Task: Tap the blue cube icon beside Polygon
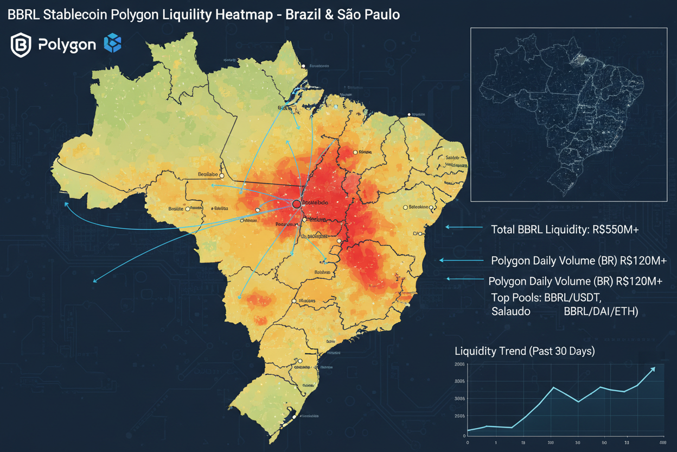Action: [x=113, y=43]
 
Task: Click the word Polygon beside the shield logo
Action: [x=67, y=45]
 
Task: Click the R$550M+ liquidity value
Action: [x=615, y=230]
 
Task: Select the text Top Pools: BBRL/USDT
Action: [x=546, y=298]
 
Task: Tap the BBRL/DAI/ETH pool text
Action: [x=601, y=311]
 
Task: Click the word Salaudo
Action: [x=511, y=311]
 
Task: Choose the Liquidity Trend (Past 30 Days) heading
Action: [x=525, y=351]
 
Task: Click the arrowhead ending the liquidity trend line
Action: [x=653, y=369]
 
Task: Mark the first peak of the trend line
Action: [x=553, y=387]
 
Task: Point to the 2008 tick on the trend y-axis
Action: [x=459, y=365]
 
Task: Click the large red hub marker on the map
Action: [x=296, y=204]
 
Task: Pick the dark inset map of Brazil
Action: [x=569, y=115]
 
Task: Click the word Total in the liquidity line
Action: [x=502, y=230]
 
